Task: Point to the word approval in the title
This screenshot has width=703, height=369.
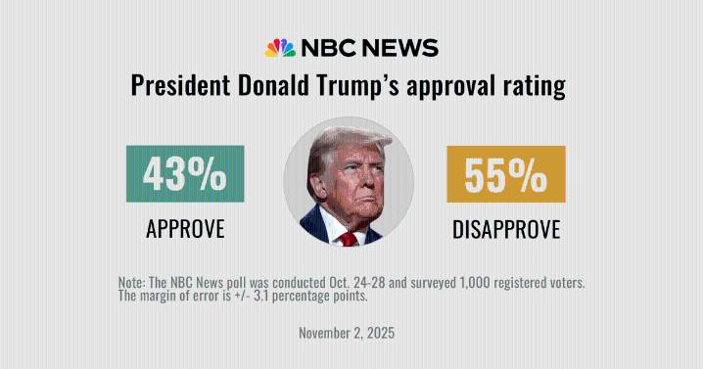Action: coord(454,87)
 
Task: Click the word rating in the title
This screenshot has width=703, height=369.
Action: coord(536,87)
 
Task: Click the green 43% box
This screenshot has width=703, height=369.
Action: coord(185,174)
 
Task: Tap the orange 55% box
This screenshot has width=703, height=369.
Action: coord(506,174)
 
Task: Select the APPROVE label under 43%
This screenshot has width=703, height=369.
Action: coord(185,229)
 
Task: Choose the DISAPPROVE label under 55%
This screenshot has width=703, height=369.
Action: coord(506,229)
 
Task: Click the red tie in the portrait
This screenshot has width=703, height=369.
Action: coord(349,238)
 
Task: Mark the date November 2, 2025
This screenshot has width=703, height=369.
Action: coord(347,333)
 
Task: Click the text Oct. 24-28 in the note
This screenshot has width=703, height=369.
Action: coord(350,282)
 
